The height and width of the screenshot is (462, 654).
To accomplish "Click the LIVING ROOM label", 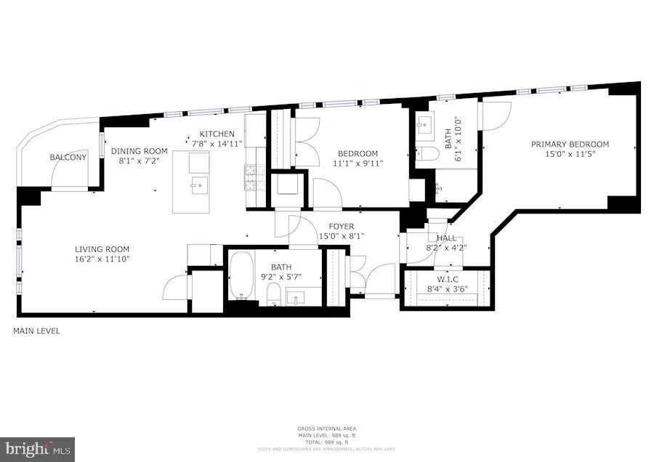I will (102, 249).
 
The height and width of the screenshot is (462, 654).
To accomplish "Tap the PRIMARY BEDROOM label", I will (570, 144).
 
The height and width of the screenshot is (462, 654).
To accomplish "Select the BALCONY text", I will (68, 158).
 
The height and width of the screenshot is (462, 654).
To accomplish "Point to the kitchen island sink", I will (197, 185).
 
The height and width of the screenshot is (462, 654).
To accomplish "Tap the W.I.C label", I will (446, 278).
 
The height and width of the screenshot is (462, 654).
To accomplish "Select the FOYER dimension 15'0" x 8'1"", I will (342, 237).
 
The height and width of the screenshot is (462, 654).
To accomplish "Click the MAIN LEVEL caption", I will (36, 331).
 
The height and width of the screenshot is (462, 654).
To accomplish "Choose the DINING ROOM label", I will (139, 151).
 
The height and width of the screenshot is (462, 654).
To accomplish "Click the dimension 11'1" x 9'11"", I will (357, 163).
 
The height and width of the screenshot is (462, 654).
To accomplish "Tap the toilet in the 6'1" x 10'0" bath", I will (428, 153).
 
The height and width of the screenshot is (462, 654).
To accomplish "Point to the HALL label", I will (446, 238).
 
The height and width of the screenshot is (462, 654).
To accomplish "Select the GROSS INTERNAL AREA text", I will (326, 429).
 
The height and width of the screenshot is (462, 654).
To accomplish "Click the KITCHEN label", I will (217, 134).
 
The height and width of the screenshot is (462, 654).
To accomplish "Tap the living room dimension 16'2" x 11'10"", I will (102, 259).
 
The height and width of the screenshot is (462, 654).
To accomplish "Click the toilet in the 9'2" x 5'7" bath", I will (273, 294).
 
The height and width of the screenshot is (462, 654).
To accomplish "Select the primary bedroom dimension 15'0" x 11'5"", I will (570, 154).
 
